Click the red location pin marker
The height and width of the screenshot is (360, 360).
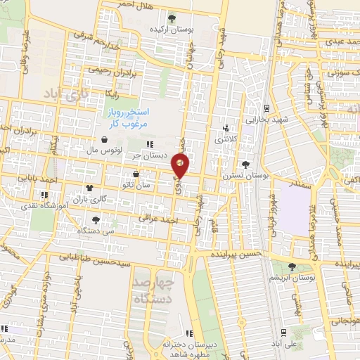click(181, 165)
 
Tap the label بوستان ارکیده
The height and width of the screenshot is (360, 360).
click(172, 30)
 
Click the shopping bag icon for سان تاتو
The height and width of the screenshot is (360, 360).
click(136, 173)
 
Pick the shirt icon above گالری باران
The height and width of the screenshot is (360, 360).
click(89, 188)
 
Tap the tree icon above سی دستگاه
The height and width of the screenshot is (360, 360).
click(96, 220)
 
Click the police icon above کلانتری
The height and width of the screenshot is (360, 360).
click(226, 128)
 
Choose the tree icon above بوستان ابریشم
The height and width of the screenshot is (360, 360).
click(293, 266)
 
